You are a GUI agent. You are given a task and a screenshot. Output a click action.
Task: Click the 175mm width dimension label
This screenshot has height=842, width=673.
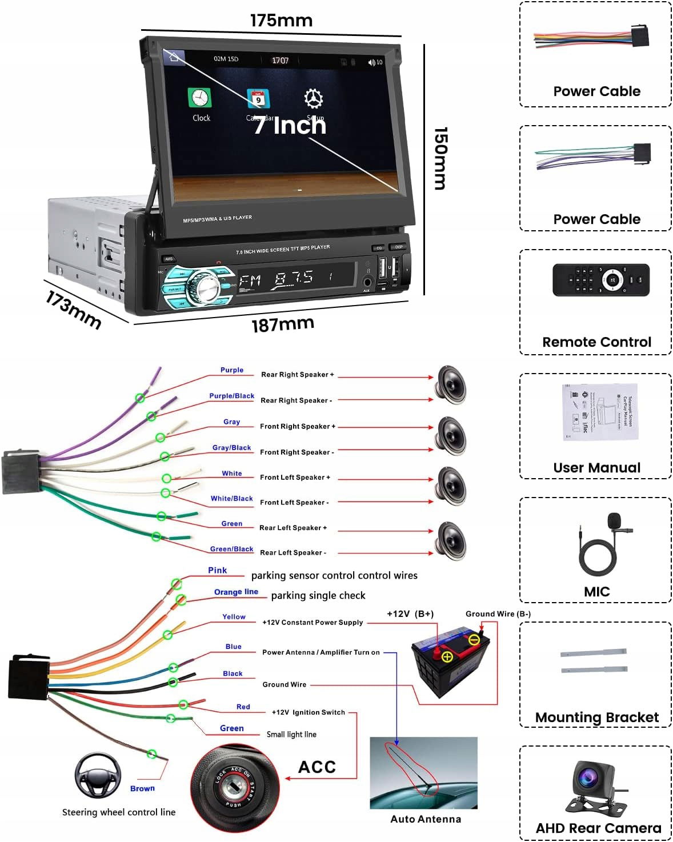click(281, 21)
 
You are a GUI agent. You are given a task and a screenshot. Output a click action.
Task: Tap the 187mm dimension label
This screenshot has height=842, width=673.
click(283, 324)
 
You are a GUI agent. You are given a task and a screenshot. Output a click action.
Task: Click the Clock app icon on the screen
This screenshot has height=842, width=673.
click(200, 98)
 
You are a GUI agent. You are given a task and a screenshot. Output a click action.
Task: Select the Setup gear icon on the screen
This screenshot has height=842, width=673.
click(313, 98)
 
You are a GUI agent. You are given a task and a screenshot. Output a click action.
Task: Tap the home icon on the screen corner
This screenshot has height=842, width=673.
click(174, 57)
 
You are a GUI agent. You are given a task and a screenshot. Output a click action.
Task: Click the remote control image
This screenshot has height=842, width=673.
click(600, 280)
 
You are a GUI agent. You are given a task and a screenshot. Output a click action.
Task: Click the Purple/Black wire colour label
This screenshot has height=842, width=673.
click(231, 396)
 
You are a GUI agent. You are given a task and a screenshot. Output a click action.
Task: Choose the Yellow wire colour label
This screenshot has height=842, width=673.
click(234, 617)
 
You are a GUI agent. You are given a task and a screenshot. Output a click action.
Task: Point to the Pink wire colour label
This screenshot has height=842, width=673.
click(217, 570)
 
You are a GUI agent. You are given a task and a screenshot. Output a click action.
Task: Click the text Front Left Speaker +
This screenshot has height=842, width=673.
click(295, 478)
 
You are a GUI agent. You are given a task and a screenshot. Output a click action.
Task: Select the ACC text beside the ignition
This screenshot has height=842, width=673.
click(317, 767)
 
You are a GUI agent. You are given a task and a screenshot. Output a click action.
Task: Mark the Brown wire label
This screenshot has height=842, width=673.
click(142, 788)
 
